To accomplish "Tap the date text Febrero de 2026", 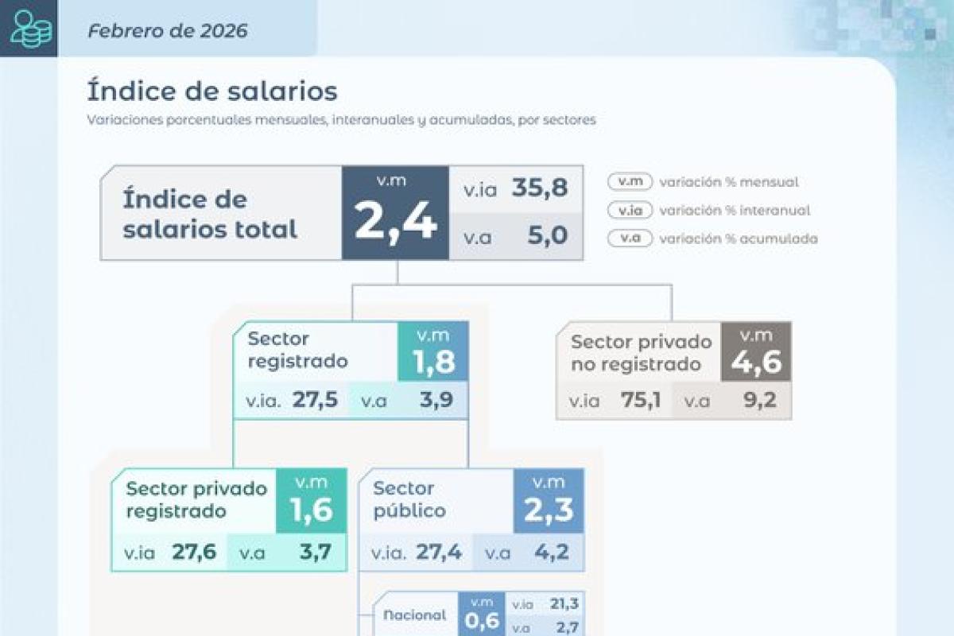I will (x=168, y=31).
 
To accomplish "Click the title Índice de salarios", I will (x=211, y=91).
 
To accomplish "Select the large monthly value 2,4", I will (x=395, y=222).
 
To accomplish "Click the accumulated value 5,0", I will (x=548, y=235).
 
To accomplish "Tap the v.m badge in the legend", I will (x=630, y=182).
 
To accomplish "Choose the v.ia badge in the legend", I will (x=630, y=211).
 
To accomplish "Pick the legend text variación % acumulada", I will (x=738, y=238).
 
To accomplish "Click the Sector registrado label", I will (x=297, y=350).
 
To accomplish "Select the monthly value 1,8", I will (x=433, y=362).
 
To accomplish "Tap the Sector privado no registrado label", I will (x=641, y=353).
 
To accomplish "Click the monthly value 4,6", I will (x=756, y=362).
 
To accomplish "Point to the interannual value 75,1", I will (x=641, y=401).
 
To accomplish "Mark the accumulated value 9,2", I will (x=759, y=401).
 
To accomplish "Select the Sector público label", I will (x=409, y=499).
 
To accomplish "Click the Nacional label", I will (x=415, y=615).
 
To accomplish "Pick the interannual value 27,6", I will (x=194, y=552).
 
